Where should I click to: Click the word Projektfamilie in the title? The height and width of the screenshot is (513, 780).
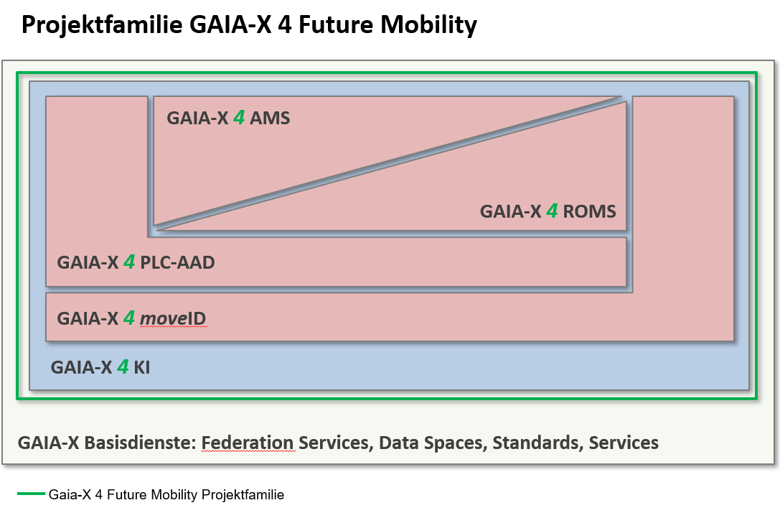click(x=103, y=25)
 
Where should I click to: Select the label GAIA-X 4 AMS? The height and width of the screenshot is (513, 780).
click(x=228, y=118)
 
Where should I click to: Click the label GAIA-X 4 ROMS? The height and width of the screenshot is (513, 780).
click(x=548, y=211)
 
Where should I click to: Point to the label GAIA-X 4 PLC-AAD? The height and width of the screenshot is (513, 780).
click(x=136, y=262)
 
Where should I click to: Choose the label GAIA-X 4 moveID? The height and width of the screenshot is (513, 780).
click(x=132, y=318)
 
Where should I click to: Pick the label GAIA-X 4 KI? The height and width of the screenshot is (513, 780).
click(x=100, y=367)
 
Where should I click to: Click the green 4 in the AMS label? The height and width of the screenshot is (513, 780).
click(x=239, y=118)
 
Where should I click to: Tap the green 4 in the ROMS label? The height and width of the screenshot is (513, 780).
click(x=552, y=211)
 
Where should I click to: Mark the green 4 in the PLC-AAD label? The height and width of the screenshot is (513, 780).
click(x=129, y=262)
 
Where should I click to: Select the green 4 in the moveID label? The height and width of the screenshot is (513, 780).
click(x=129, y=318)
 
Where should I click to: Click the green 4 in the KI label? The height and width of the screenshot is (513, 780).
click(x=123, y=367)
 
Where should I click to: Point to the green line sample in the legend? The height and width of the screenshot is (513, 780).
click(x=30, y=494)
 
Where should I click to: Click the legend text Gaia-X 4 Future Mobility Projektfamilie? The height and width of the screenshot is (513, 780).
click(x=166, y=495)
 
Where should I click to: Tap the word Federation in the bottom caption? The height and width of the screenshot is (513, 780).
click(x=248, y=443)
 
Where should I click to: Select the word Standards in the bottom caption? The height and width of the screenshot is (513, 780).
click(x=535, y=443)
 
